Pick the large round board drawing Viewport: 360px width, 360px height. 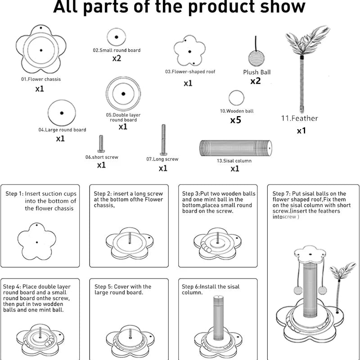click(61, 113)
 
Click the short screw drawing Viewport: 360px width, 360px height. click(101, 144)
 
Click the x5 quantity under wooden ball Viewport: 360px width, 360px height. click(235, 120)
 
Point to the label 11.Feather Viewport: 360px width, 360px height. click(300, 118)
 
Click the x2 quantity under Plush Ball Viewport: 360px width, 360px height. click(256, 81)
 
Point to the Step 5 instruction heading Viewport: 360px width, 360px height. click(123, 289)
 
